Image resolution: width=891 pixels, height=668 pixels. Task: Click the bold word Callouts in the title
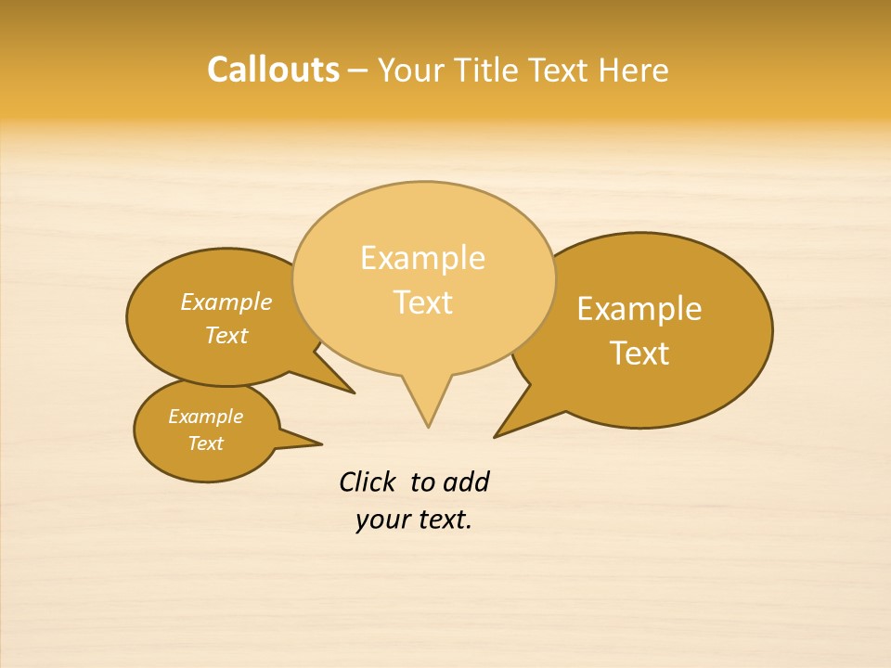273,70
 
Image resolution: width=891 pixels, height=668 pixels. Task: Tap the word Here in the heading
633,70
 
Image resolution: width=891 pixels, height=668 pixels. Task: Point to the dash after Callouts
358,71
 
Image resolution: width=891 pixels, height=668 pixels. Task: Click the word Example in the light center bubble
422,258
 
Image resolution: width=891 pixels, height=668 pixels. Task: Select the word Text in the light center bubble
423,302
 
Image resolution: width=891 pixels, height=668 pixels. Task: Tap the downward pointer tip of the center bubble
428,426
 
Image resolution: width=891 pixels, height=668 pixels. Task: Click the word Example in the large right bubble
639,309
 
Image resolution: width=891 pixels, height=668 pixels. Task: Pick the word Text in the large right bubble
640,353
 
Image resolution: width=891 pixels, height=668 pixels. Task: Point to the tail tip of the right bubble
496,436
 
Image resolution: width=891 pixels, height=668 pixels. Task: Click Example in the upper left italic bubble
226,302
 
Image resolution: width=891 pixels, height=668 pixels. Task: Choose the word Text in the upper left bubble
226,336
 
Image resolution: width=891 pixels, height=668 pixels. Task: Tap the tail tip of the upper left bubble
354,392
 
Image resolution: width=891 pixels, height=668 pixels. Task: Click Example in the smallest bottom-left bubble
205,417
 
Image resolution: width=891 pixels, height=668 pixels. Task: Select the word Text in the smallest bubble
205,443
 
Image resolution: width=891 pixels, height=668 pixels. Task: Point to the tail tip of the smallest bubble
321,443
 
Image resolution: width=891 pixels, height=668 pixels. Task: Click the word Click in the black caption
367,482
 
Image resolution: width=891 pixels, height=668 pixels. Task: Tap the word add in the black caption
465,482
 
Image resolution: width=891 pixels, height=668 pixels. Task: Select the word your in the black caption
381,520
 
